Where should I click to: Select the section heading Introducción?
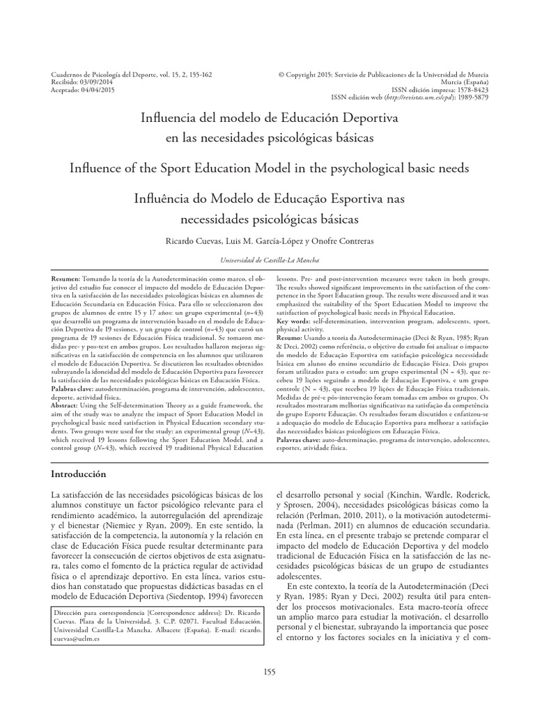tap(79, 474)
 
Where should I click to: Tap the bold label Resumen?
tap(68, 276)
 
